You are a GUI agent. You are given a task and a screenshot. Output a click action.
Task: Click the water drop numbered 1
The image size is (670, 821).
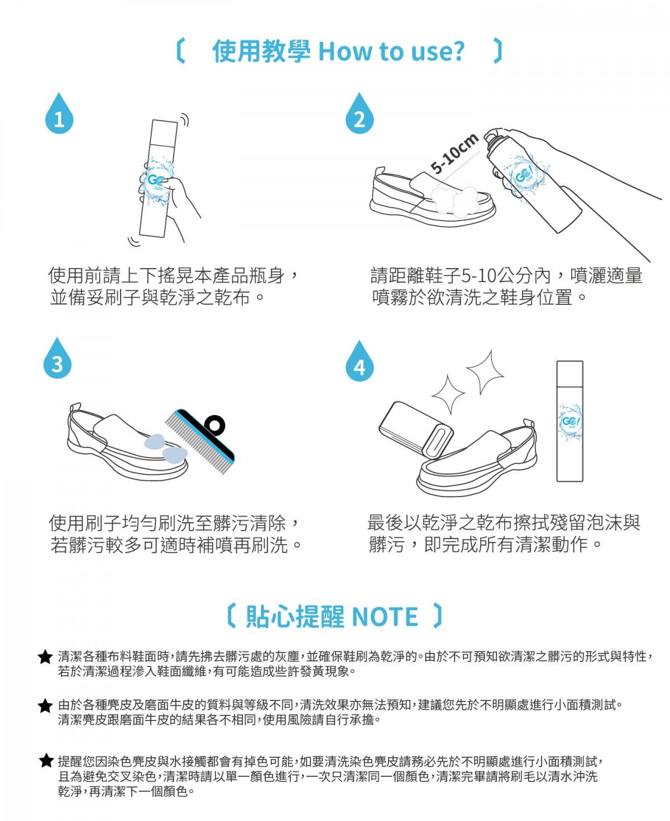coord(59,115)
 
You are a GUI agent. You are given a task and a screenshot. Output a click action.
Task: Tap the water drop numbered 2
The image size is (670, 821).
coord(360,115)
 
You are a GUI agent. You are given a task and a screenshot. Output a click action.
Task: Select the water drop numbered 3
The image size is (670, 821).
coord(57,360)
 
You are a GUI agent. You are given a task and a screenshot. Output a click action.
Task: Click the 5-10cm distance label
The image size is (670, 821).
coord(454,152)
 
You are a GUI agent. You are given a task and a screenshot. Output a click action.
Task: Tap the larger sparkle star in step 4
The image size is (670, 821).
coord(485,372)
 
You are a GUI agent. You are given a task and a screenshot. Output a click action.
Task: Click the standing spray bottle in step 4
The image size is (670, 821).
coord(569,421)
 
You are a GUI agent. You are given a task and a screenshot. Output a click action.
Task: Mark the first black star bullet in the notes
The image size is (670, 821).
coord(45,657)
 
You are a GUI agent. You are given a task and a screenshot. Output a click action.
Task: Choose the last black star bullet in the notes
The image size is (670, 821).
coord(46,760)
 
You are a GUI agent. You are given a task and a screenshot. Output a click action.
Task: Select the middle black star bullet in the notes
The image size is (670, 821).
coord(45,706)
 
